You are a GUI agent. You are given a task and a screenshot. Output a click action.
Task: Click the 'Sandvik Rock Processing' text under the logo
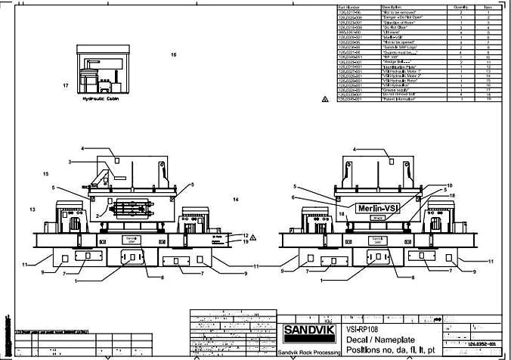click(308, 353)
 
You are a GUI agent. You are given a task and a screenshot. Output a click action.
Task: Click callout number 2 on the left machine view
click(97, 216)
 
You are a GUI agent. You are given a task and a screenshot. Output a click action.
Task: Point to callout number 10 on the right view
click(448, 185)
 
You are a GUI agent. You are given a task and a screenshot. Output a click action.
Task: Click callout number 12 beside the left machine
click(246, 234)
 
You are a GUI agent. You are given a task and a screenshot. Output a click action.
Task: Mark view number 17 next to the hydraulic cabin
click(66, 86)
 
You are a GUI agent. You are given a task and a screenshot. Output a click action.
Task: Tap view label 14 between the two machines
click(236, 200)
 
